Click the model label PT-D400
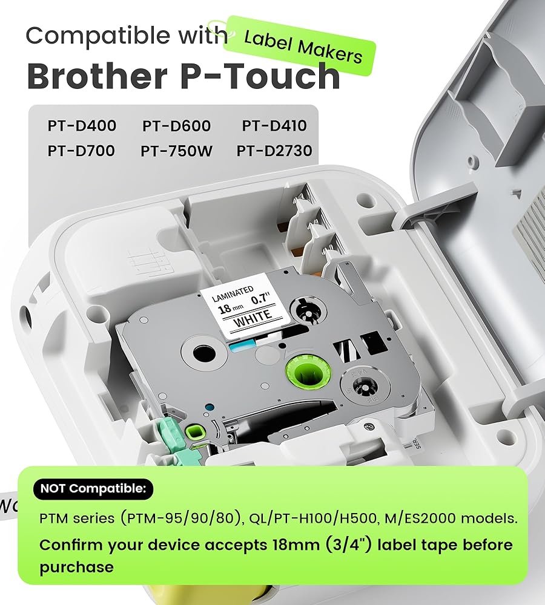tap(82, 126)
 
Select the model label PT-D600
tap(177, 126)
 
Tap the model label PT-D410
tap(274, 126)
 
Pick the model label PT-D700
tap(81, 150)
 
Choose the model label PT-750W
tap(177, 150)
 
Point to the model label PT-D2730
tap(274, 150)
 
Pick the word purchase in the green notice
tap(76, 567)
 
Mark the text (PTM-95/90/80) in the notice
tap(188, 519)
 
